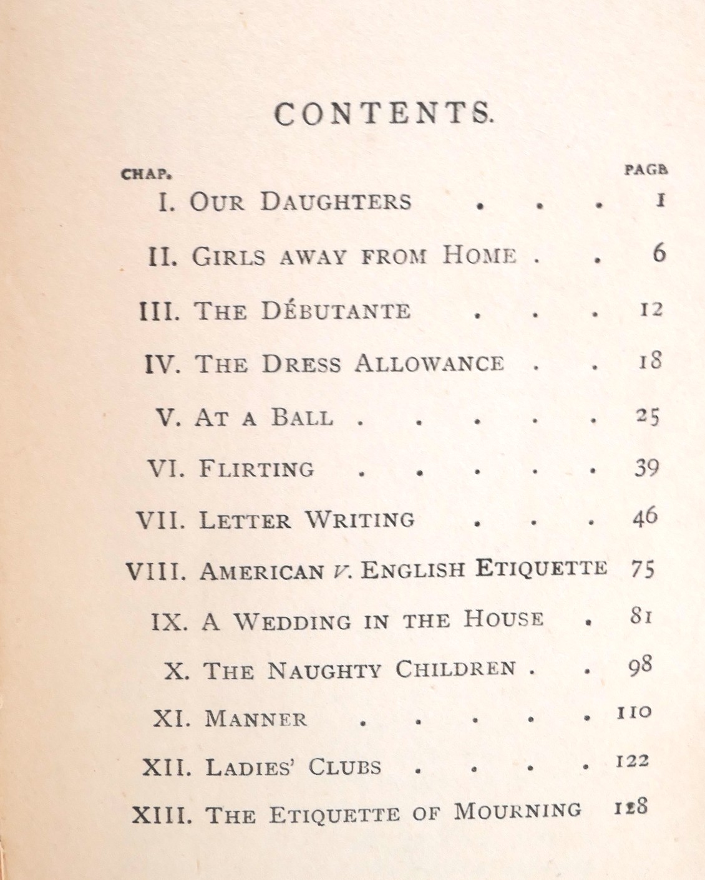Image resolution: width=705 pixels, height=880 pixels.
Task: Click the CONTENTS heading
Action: pos(383,114)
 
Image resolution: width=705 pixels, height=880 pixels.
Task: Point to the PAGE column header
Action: pos(646,169)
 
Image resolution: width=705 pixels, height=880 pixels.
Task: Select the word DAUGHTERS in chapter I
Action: pos(336,201)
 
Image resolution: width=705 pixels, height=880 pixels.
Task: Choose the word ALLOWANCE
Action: pos(429,363)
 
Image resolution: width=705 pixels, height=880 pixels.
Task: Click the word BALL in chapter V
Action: pos(302,417)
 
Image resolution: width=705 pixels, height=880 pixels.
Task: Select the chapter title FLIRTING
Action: pos(257,468)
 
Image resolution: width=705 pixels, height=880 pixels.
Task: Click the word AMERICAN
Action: pos(261,571)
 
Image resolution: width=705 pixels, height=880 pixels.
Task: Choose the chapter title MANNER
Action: pos(256,719)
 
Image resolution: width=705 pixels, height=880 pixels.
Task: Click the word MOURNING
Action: pos(517,811)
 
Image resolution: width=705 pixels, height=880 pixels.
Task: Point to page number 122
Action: pos(632,761)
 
